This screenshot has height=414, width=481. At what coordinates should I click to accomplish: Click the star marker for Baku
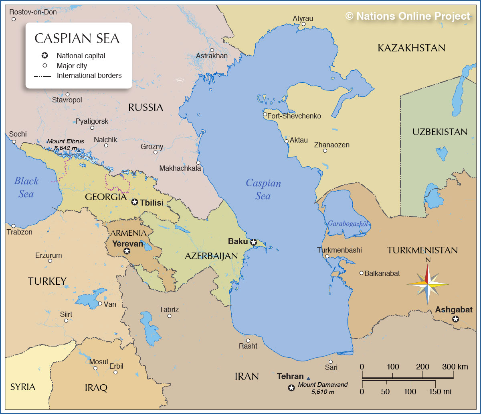point(254,242)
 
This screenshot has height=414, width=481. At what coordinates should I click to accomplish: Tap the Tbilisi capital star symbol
point(135,202)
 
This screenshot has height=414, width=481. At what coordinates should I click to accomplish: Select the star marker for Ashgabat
point(455,319)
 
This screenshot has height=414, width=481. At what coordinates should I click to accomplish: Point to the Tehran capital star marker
point(291,387)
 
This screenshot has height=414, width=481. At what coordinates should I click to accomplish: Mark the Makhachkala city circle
point(198,163)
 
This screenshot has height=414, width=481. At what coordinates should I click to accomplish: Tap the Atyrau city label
point(303,18)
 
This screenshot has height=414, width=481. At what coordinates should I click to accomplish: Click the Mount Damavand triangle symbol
point(308,378)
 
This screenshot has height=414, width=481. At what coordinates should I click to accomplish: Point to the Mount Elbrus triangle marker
point(79,151)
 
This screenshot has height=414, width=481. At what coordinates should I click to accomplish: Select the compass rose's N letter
point(428,260)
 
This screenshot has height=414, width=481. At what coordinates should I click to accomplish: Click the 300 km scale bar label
point(455,367)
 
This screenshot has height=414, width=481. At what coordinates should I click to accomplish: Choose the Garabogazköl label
point(348,224)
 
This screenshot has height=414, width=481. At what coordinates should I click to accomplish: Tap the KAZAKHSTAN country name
point(411,48)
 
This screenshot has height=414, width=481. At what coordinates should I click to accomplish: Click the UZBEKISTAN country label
point(440,132)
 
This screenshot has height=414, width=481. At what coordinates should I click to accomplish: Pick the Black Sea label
point(26,187)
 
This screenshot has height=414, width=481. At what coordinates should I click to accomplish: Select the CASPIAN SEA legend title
point(77,38)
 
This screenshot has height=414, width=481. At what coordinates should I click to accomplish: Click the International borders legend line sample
point(43,76)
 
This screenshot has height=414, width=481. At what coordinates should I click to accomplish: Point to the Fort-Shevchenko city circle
point(265,114)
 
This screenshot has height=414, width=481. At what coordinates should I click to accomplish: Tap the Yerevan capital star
point(127,251)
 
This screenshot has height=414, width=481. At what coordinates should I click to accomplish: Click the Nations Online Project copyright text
point(408,16)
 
